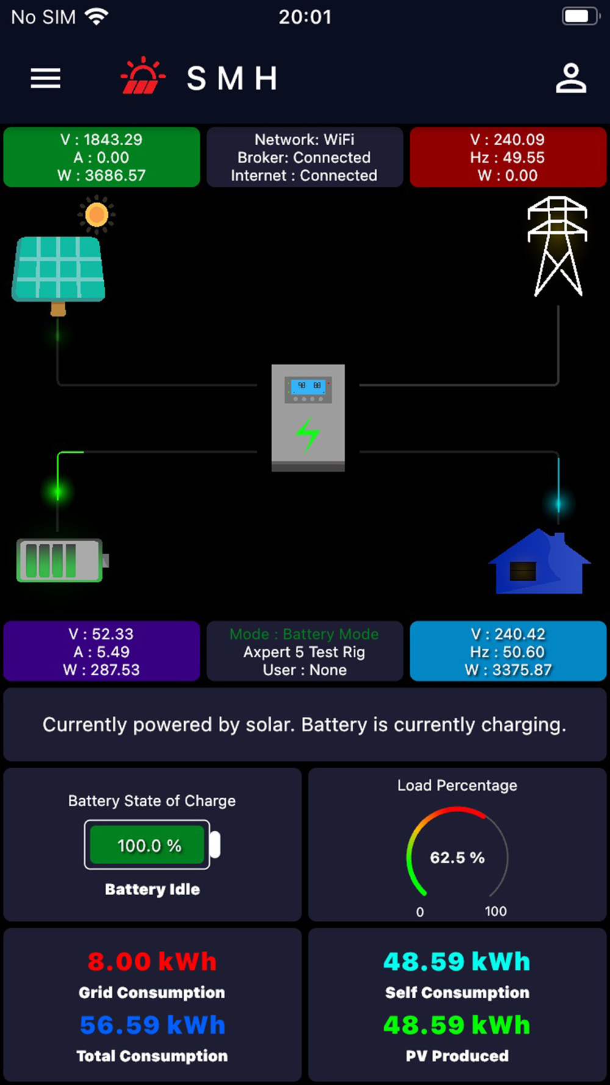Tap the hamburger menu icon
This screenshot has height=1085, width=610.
pos(46,78)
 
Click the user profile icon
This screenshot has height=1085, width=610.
pos(571,78)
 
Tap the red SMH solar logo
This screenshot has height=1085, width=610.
pos(143,76)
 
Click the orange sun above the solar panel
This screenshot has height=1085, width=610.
pos(96,215)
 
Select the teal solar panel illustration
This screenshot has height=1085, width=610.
pos(59,272)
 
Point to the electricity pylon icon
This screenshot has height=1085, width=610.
pos(558,246)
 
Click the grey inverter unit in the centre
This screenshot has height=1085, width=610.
pos(308,418)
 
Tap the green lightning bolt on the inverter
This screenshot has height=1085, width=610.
pos(308,434)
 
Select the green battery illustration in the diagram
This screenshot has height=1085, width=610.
pos(62,560)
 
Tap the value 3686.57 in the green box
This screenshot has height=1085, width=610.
pos(115,176)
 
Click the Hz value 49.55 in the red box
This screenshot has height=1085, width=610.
pos(524,157)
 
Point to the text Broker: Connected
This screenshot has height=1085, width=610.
pos(304,157)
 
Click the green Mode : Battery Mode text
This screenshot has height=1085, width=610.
pos(304,634)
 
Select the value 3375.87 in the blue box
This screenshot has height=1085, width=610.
pos(522,670)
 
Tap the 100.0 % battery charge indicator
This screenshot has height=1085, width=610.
pos(149,845)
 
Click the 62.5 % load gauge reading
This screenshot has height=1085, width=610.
pos(457,857)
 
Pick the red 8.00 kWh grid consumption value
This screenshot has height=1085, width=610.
pos(152,962)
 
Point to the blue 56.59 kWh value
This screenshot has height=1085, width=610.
pos(152,1025)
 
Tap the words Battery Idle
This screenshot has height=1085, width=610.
pos(152,889)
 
